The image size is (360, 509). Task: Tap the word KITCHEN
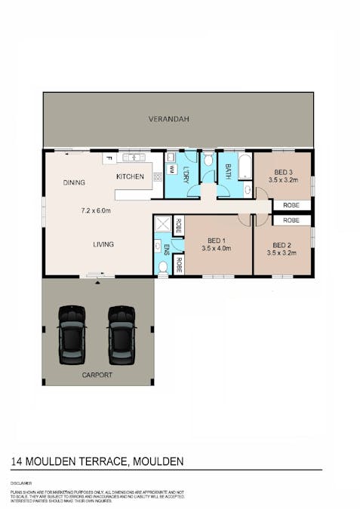pos(130,176)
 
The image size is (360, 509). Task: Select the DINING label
pos(74,182)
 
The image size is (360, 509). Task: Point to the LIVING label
pos(103,244)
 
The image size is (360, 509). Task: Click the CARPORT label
pos(97,375)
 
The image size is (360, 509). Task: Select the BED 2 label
pos(282,245)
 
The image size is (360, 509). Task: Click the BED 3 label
pos(282,172)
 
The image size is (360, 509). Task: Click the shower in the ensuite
pos(162,224)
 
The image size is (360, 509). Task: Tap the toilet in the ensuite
pos(162,266)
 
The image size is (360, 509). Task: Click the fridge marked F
pos(109,158)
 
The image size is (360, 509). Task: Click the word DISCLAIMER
pos(21,480)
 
